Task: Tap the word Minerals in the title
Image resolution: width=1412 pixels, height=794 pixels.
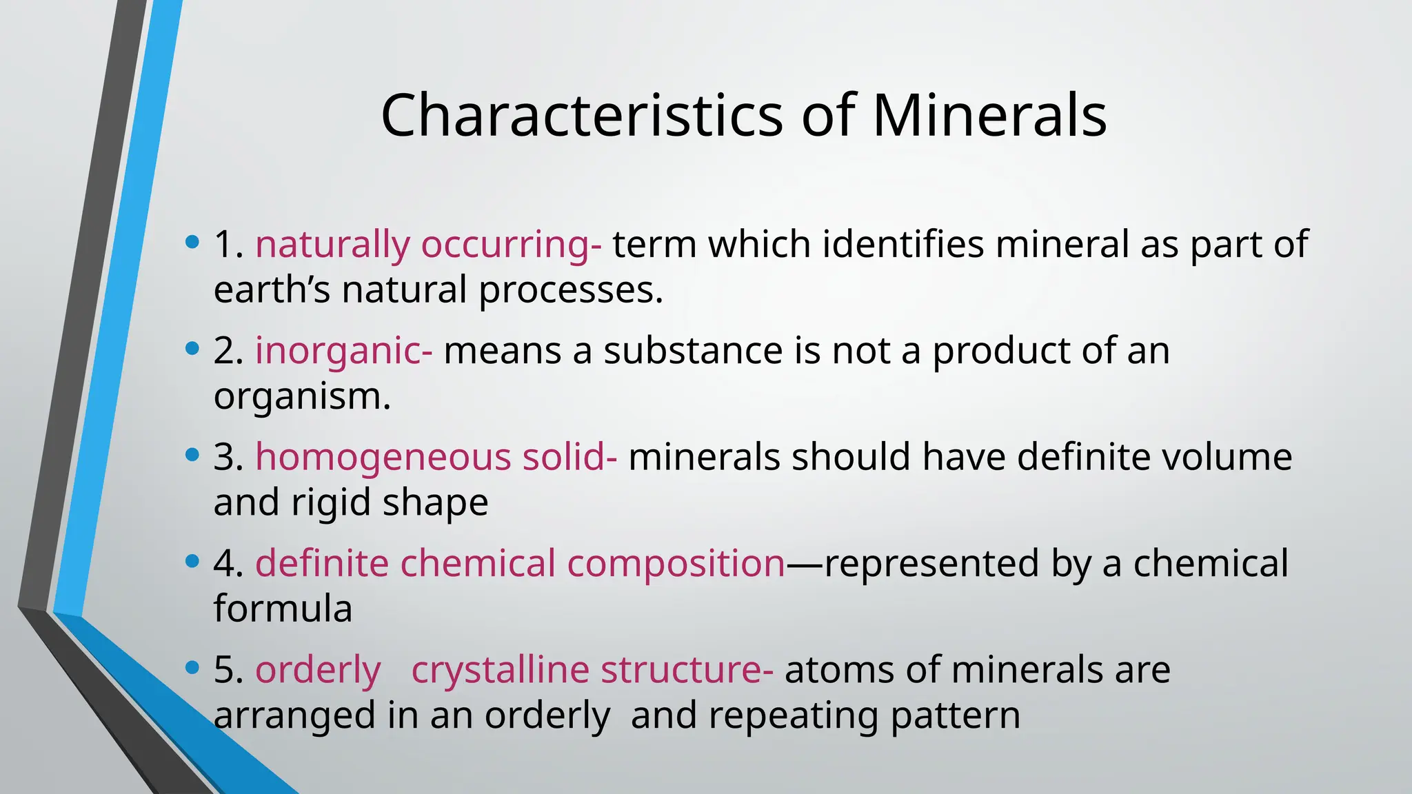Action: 989,115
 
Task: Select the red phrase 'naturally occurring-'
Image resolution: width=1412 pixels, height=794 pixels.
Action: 428,245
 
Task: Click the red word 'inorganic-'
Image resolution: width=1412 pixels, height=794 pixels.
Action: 344,351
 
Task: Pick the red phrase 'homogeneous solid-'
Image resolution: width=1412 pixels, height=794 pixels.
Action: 436,457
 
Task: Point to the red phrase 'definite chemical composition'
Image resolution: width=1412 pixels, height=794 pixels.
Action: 521,563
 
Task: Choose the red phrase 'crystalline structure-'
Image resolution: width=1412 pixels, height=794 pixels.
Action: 592,670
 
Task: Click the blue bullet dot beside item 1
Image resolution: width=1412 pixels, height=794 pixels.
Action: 192,242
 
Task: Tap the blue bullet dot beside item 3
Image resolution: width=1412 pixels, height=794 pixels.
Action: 192,455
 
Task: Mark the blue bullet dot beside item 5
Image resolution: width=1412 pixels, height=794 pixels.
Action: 192,668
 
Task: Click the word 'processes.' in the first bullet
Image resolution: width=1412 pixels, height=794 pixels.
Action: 571,290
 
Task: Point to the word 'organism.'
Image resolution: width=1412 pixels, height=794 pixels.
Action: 302,396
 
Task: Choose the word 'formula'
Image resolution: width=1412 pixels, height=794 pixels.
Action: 283,609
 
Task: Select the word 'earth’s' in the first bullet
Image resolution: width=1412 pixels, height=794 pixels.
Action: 272,290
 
